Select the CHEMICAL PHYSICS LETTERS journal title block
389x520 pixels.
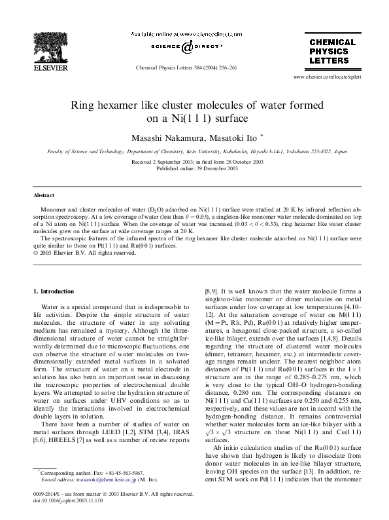click(x=332, y=51)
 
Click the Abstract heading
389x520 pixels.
click(x=44, y=196)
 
